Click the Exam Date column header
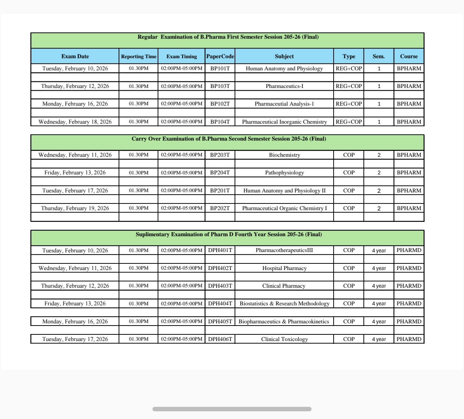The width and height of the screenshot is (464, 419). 75,56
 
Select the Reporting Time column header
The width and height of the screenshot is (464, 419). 138,56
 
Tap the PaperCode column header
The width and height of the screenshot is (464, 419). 220,56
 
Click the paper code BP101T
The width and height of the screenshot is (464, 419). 220,68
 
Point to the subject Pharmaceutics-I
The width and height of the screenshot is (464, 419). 284,86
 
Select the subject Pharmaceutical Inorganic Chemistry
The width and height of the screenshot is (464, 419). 284,122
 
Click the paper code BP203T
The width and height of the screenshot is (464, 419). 220,155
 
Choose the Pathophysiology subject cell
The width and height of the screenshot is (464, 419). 284,173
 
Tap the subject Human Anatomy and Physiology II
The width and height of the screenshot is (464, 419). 284,191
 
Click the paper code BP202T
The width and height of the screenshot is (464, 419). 220,208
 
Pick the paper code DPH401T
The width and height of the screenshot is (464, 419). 220,250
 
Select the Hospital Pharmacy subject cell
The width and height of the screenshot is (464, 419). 284,268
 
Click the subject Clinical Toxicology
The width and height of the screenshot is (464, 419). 284,339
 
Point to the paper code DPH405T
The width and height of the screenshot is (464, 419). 220,322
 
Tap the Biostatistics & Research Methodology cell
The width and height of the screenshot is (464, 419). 284,303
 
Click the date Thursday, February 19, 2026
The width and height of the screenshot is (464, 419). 75,208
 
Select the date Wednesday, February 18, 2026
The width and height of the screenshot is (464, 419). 75,122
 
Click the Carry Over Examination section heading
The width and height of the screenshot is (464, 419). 229,139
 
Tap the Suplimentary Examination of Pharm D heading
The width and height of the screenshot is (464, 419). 229,234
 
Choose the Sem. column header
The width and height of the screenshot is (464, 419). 379,56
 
